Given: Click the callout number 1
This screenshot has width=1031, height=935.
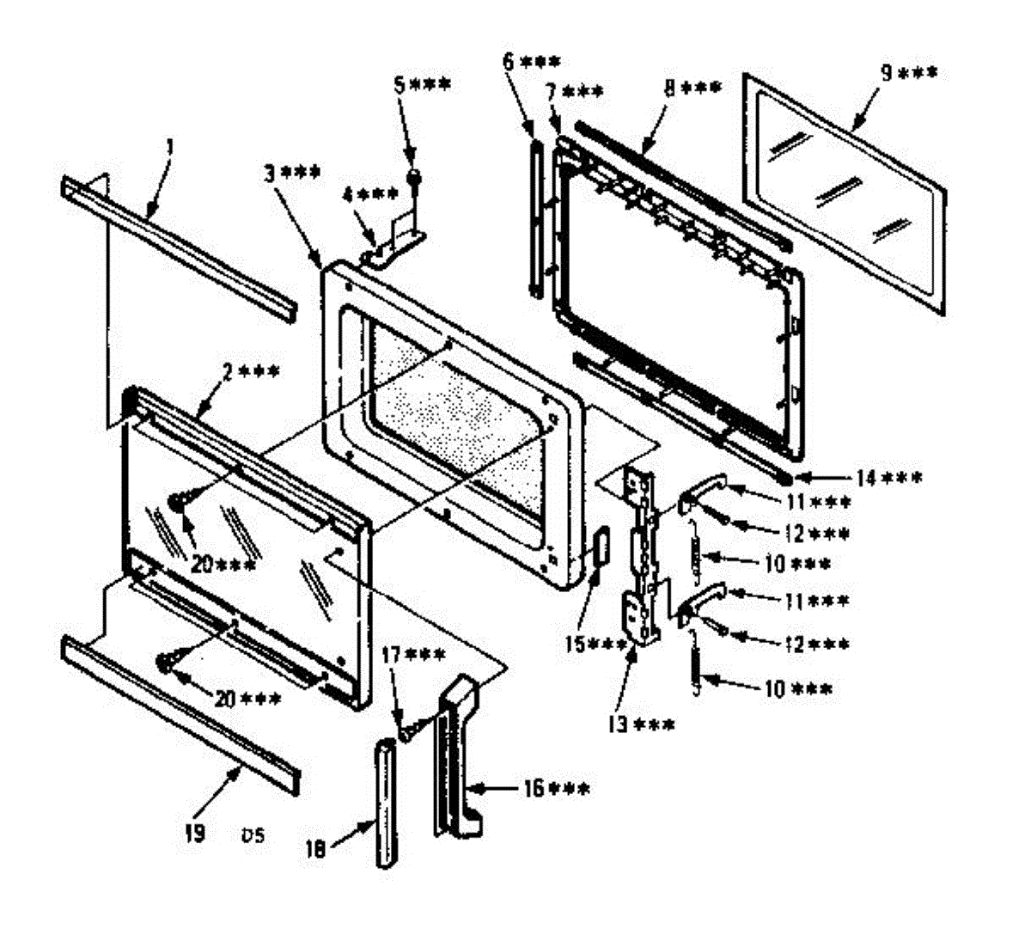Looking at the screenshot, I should pos(169,148).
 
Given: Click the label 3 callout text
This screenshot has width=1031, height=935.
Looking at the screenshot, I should pos(292,173).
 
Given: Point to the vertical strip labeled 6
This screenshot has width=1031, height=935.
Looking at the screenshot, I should pos(537,220).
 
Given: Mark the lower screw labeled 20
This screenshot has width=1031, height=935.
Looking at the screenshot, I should pos(166,661).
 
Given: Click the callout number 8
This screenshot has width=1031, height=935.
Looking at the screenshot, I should pos(692,87).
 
